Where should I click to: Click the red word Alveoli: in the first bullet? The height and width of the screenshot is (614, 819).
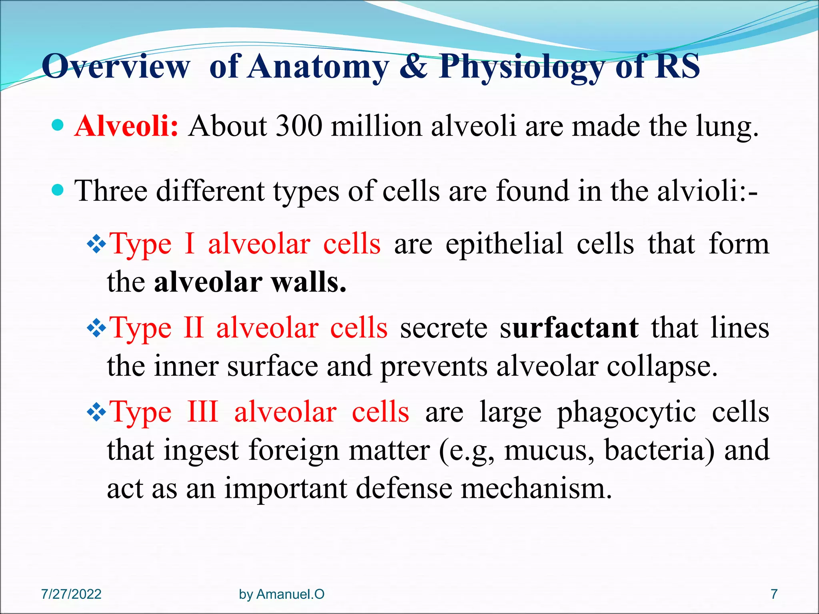pos(126,126)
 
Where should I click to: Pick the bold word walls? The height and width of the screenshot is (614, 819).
pos(308,282)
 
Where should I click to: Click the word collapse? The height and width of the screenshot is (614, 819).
pos(662,366)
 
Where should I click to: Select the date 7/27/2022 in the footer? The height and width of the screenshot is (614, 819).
pos(71,594)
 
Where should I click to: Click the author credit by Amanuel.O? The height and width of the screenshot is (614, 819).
pos(282,594)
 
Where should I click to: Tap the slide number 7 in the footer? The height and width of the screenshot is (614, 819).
pos(774,594)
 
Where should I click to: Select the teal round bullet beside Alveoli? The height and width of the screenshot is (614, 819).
pos(58,126)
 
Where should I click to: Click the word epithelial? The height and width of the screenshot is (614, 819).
pos(504,244)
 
